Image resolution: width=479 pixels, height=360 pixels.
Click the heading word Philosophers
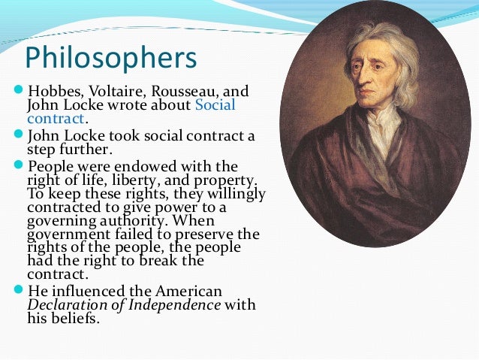pos(110,58)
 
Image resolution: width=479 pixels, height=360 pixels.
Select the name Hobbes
pos(51,91)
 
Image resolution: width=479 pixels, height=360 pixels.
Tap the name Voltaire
pos(110,91)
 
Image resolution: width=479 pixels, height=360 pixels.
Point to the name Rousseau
pos(180,91)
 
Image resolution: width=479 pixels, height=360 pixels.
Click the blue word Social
pos(215,104)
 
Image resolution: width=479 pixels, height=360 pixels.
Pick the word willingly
pos(233,195)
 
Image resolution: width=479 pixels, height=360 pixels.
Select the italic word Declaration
pos(65,304)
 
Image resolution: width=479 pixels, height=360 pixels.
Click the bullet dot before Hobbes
pos(20,91)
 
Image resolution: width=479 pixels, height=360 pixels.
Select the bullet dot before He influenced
pos(20,290)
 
